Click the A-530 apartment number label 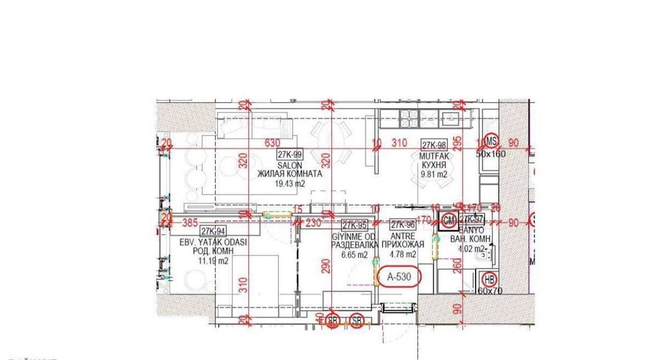click(x=398, y=275)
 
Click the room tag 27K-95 click(x=353, y=226)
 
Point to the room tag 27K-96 click(x=402, y=226)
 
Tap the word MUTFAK click(x=433, y=156)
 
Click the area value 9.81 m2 click(x=433, y=174)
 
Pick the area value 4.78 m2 click(x=403, y=255)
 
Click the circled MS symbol click(x=492, y=141)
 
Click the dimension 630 click(x=272, y=143)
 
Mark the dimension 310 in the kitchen click(x=400, y=143)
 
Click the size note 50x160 click(x=491, y=154)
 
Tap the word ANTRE click(x=403, y=237)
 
